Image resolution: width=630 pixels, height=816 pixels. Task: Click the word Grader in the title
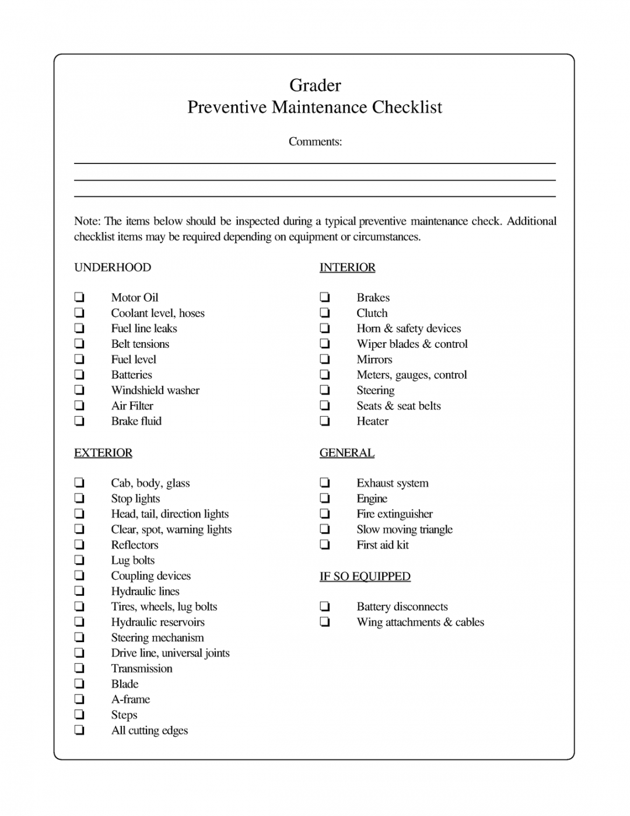(x=315, y=85)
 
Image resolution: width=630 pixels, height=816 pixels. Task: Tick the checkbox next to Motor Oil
(x=79, y=297)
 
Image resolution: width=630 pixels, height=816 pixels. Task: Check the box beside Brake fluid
(x=79, y=421)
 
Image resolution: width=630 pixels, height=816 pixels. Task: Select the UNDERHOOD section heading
(x=113, y=267)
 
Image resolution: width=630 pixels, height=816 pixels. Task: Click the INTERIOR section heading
(x=347, y=267)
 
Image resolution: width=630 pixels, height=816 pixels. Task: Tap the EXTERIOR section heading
(x=103, y=453)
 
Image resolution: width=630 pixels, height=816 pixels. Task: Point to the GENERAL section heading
(x=346, y=453)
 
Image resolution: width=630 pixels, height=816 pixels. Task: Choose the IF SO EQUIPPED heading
(x=365, y=577)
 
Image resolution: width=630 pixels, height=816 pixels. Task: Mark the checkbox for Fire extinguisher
(x=325, y=514)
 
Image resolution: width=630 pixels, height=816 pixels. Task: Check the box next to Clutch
(x=325, y=313)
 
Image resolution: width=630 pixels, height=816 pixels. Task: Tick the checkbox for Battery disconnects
(x=325, y=606)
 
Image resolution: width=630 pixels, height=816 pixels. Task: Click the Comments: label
(x=315, y=142)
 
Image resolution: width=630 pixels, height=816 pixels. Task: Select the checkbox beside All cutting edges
(x=79, y=730)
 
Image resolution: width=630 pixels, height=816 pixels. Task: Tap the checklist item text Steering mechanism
(x=157, y=637)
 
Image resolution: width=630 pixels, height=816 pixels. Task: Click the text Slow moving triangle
(x=404, y=529)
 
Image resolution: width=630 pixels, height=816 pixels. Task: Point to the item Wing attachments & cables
(x=420, y=622)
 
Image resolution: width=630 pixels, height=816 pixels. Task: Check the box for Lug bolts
(x=79, y=560)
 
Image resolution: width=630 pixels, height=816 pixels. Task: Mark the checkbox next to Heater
(x=325, y=421)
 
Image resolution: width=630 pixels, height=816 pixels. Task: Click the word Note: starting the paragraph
(x=87, y=221)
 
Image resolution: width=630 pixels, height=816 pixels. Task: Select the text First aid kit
(x=383, y=545)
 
